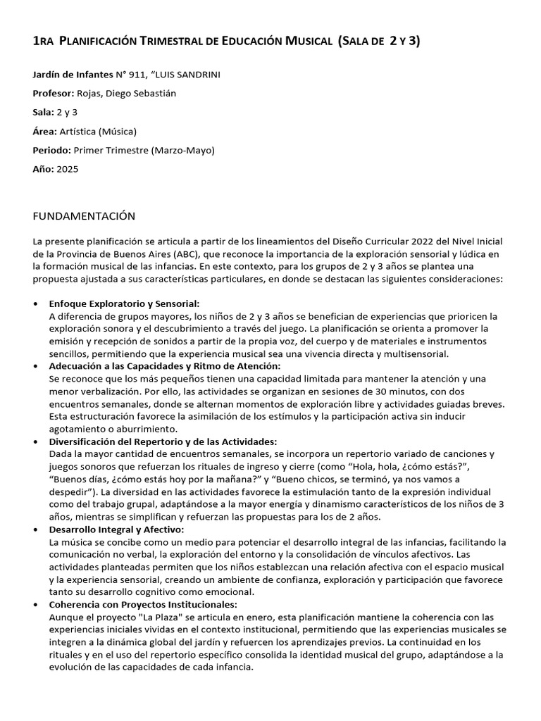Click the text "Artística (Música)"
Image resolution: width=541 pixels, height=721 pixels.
[x=98, y=131]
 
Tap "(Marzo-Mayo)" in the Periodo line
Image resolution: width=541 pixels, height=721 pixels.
[x=182, y=150]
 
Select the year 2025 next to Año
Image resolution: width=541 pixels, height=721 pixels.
[x=68, y=169]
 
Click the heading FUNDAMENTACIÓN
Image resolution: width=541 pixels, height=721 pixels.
[x=84, y=215]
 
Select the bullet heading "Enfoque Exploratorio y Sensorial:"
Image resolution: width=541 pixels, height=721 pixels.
[x=125, y=303]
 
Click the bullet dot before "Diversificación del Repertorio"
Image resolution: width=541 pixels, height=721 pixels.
[x=37, y=441]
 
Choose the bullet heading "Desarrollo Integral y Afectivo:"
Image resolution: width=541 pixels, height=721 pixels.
[x=116, y=529]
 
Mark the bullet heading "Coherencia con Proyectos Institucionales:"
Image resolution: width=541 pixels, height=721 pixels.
[x=143, y=604]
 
